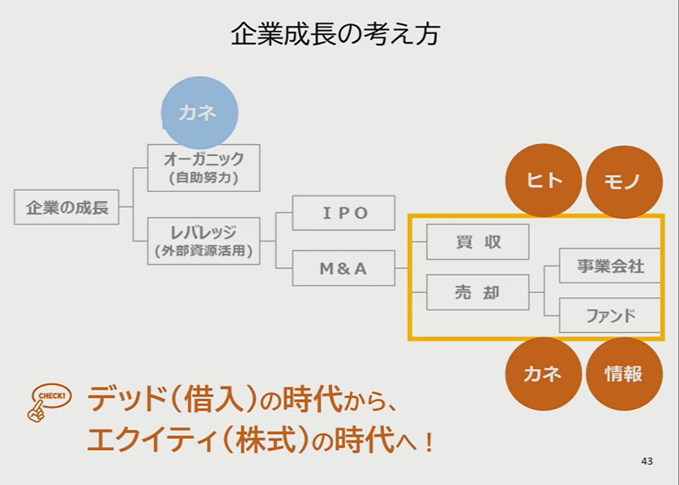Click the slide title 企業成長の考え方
pyautogui.click(x=335, y=34)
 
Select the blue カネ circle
pyautogui.click(x=199, y=113)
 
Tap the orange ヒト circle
pyautogui.click(x=544, y=181)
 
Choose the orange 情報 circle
pyautogui.click(x=624, y=374)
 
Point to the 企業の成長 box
pyautogui.click(x=67, y=207)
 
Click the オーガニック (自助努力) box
pyautogui.click(x=204, y=168)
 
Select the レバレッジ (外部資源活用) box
pyautogui.click(x=204, y=241)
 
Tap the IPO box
pyautogui.click(x=344, y=213)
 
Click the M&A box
pyautogui.click(x=344, y=268)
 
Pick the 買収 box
pyautogui.click(x=478, y=242)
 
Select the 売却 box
pyautogui.click(x=478, y=292)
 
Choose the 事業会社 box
pyautogui.click(x=610, y=266)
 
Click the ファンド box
pyautogui.click(x=610, y=316)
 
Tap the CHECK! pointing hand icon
pyautogui.click(x=48, y=402)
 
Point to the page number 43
pyautogui.click(x=647, y=461)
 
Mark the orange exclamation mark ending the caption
pyautogui.click(x=429, y=440)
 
